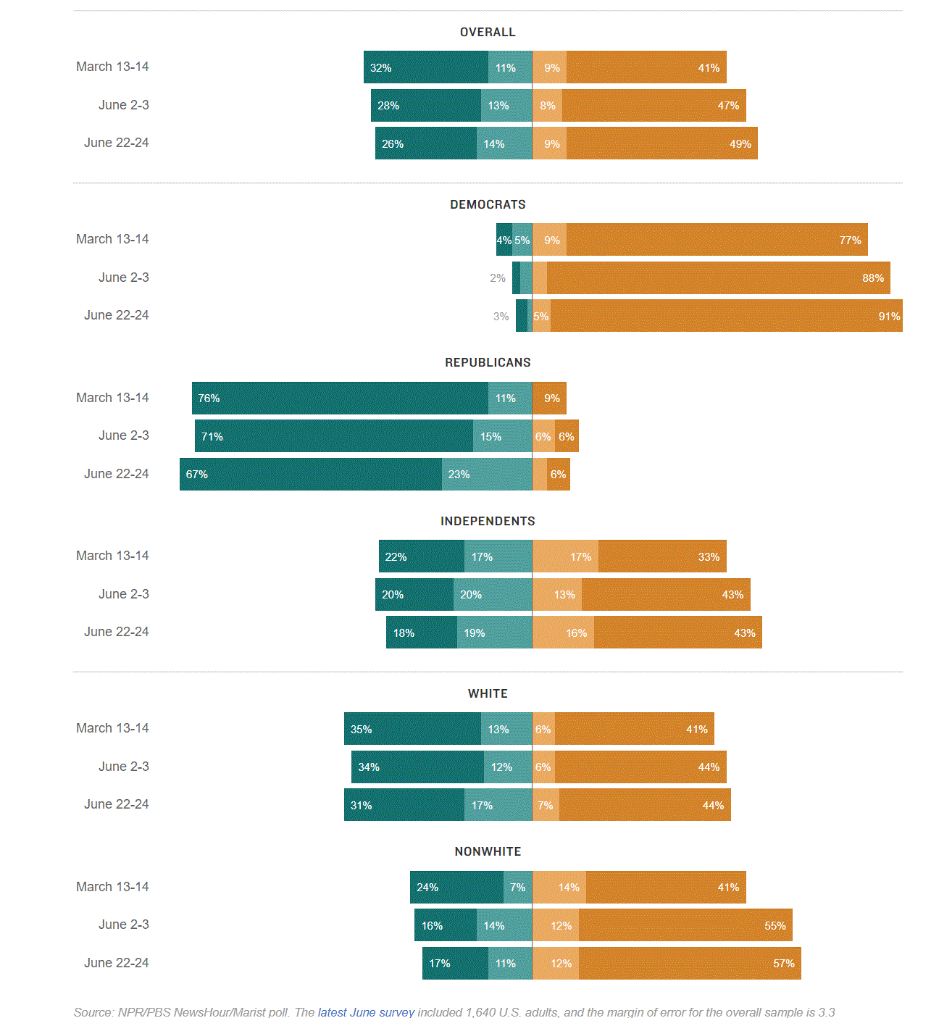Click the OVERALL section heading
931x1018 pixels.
[x=488, y=33]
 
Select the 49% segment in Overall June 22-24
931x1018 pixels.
[x=661, y=143]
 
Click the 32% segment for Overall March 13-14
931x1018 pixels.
[x=426, y=67]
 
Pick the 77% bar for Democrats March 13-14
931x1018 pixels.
[x=717, y=240]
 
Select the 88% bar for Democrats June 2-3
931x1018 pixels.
[x=718, y=278]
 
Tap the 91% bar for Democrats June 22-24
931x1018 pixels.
[x=726, y=316]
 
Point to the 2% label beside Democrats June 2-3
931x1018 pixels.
[x=498, y=278]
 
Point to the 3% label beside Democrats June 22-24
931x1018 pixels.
[x=501, y=317]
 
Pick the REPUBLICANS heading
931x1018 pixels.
[x=488, y=363]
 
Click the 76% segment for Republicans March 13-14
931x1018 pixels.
[x=340, y=399]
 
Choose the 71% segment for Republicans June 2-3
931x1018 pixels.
[x=334, y=436]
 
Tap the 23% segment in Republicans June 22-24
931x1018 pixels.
[x=487, y=475]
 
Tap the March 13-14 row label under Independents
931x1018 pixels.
[x=112, y=556]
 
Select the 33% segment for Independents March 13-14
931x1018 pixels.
[x=662, y=556]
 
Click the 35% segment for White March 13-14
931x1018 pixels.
[x=412, y=729]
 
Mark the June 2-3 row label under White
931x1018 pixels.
[x=124, y=767]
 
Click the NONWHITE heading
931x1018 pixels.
[x=488, y=852]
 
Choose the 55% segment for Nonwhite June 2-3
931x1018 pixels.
[x=685, y=925]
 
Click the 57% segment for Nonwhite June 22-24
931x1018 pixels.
[x=690, y=964]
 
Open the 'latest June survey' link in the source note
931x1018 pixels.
[x=366, y=1011]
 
